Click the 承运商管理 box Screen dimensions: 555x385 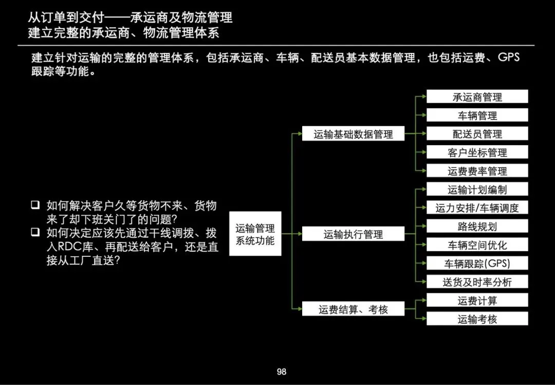point(477,97)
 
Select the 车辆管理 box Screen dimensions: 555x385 point(477,115)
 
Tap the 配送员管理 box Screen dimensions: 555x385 point(477,134)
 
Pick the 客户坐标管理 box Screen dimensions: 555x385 point(477,152)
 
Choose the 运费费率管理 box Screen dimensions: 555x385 point(477,171)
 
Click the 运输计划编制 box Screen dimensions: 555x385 point(477,189)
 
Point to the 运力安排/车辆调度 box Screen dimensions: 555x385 point(477,208)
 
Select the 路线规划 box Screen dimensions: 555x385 point(477,226)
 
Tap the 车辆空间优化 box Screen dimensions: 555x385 point(477,245)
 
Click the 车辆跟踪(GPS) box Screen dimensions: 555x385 point(477,264)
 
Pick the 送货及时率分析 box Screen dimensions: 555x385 point(477,282)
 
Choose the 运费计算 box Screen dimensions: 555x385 point(477,301)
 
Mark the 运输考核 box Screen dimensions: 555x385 point(477,319)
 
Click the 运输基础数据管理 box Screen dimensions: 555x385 point(353,134)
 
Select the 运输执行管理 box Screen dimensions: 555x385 point(353,234)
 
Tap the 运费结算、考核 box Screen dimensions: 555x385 point(353,309)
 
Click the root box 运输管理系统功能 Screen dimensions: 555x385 point(255,234)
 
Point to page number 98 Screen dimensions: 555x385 point(281,372)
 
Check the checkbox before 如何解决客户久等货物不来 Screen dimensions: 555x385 point(35,205)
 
